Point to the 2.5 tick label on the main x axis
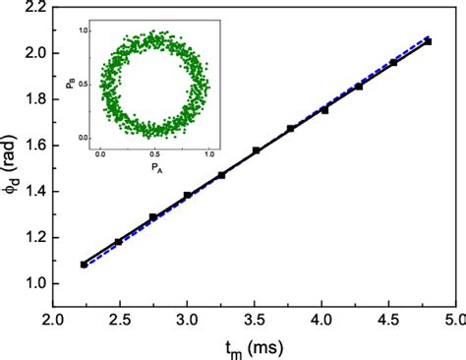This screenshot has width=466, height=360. (x=119, y=319)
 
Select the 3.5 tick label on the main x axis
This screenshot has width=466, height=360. (x=254, y=319)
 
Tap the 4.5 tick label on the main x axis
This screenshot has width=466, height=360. (x=387, y=319)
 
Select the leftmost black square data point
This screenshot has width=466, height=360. (x=84, y=265)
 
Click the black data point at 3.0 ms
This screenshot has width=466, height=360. (x=187, y=196)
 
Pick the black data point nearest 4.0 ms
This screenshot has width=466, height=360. (x=324, y=110)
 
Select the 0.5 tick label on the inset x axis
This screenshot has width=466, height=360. (x=155, y=153)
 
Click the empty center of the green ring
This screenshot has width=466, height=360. (x=155, y=85)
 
